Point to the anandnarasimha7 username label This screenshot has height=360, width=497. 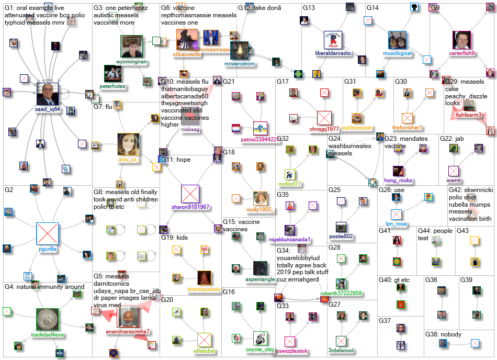(x=128, y=331)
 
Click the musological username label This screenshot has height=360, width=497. (x=397, y=53)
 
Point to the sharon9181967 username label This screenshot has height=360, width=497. (x=190, y=207)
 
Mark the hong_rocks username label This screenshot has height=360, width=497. (x=398, y=181)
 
